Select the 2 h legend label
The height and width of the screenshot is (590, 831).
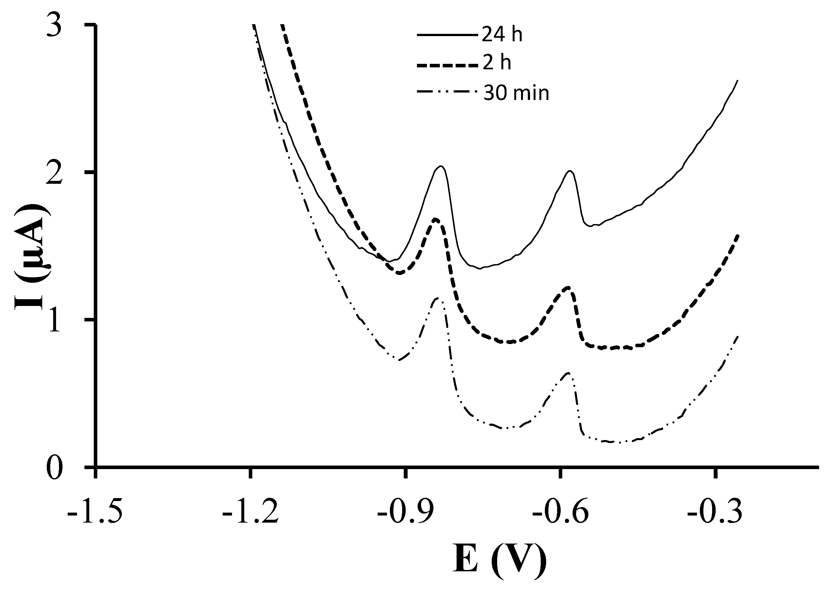(497, 63)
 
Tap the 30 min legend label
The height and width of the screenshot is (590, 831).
(516, 93)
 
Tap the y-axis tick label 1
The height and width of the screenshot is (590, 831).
(58, 320)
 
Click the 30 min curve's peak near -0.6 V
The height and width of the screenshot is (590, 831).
(568, 373)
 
